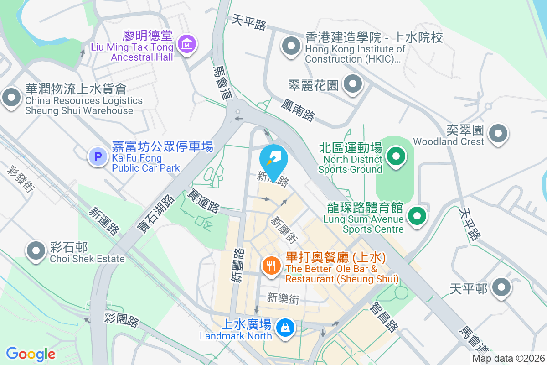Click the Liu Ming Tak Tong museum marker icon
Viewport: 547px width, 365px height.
point(187,44)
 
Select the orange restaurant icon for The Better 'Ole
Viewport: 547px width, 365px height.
point(272,265)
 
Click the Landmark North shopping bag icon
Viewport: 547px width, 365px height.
point(285,328)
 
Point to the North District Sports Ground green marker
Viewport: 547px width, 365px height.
point(396,156)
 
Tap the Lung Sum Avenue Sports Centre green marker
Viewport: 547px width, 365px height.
point(417,215)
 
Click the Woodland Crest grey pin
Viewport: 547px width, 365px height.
point(498,134)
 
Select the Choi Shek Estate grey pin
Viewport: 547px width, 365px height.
point(35,251)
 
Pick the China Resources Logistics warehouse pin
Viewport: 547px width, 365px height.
point(11,97)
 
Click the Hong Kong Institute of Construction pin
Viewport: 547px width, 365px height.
point(291,46)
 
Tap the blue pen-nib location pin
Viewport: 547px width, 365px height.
point(273,160)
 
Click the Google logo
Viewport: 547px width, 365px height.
point(31,354)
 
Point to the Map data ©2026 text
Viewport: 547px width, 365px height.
point(508,359)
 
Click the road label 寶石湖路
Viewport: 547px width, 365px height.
point(156,214)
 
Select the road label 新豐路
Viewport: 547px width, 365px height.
point(237,265)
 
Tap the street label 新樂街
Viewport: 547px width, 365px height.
point(283,299)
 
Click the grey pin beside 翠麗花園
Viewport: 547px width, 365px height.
point(352,84)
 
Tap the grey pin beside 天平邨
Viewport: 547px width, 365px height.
point(502,287)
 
